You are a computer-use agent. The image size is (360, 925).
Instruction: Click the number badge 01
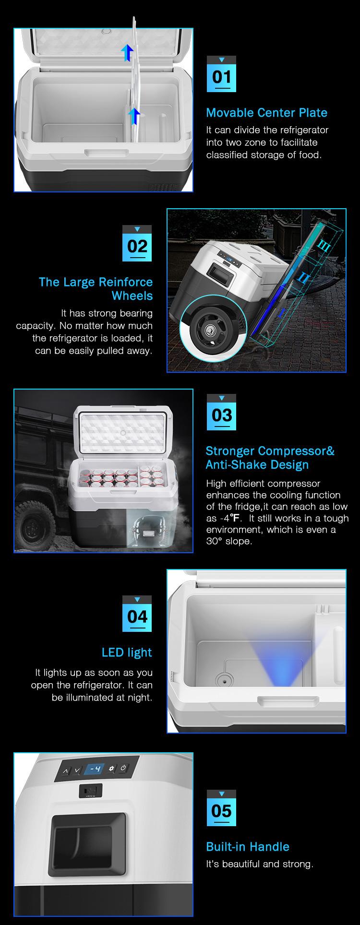(x=221, y=74)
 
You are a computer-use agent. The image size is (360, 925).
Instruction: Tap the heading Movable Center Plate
(x=266, y=113)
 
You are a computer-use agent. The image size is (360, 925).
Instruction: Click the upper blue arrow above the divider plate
(x=127, y=52)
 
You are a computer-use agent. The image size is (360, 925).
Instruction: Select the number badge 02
(x=137, y=243)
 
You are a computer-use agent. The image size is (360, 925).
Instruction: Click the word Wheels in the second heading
(x=132, y=296)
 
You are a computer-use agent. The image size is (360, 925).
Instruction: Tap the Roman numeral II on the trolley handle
(x=304, y=277)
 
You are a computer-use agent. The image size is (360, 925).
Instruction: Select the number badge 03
(x=221, y=412)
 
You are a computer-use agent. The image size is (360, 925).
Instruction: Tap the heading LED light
(x=127, y=652)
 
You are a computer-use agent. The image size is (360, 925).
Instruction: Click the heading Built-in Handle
(x=248, y=847)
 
